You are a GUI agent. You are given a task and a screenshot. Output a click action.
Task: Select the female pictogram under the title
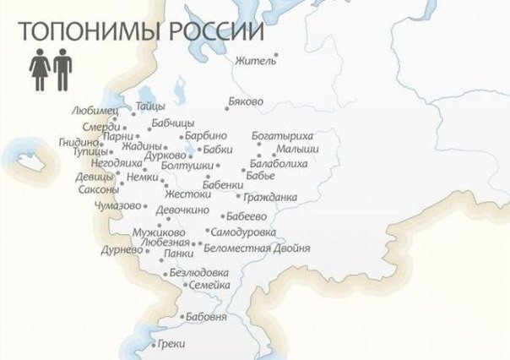pos(39,68)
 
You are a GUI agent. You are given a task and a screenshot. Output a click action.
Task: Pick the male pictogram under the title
pos(62,68)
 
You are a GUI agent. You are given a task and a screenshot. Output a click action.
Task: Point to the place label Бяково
pos(246,101)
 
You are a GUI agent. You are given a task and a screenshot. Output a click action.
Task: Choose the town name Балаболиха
pos(279,163)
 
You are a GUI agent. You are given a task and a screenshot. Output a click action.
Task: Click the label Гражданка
pos(269,199)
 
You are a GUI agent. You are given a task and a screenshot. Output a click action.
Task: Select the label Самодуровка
pos(244,231)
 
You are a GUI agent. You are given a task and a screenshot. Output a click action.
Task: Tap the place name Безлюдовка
pos(199,273)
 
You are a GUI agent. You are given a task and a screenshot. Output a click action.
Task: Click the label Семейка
pos(210,286)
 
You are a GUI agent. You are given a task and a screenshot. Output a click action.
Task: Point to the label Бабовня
pos(208,317)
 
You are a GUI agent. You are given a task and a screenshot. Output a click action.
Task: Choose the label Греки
pos(171,344)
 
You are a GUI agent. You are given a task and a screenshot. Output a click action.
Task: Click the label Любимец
pos(95,111)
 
